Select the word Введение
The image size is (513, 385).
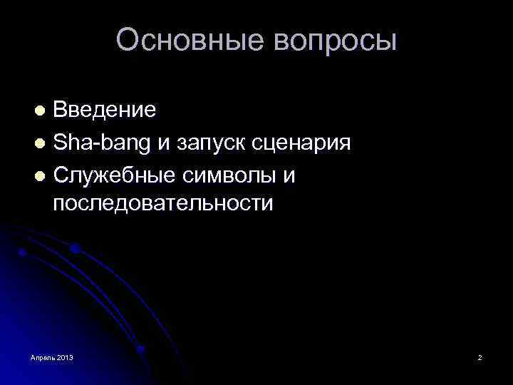pos(105,110)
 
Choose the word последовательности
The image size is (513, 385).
pos(162,203)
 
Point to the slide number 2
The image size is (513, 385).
pos(480,357)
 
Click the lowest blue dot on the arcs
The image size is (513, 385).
pos(140,349)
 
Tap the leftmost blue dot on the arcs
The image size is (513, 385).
pos(23,252)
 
